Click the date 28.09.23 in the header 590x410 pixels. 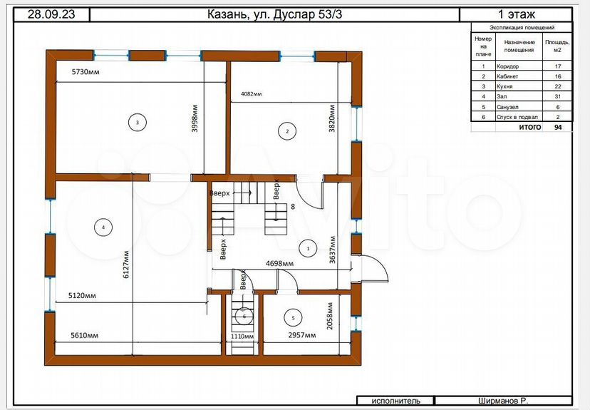click(51, 14)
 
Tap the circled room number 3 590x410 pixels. click(138, 123)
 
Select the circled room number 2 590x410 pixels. click(287, 131)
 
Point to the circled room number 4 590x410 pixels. click(103, 227)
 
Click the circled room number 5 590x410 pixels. click(294, 318)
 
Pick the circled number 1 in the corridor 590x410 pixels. click(308, 248)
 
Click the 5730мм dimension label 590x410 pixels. click(86, 71)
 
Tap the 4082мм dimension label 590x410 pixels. click(251, 93)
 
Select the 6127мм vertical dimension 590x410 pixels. click(126, 265)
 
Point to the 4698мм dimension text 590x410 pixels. click(279, 263)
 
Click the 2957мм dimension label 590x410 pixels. click(302, 335)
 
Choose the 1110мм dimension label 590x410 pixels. click(242, 337)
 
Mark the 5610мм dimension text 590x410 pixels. click(84, 335)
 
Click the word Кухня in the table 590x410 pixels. click(504, 86)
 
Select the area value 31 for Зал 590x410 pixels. click(558, 97)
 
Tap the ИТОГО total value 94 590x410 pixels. click(558, 127)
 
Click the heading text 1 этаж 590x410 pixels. click(516, 14)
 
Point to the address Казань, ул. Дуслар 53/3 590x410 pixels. click(274, 14)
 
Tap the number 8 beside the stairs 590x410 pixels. click(293, 206)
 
